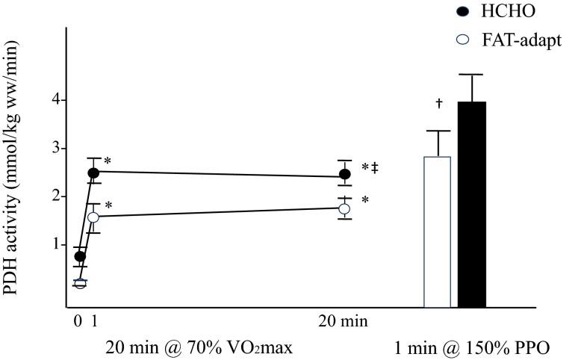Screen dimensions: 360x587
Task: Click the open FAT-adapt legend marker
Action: click(x=462, y=40)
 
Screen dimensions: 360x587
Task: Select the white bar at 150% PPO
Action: click(x=437, y=232)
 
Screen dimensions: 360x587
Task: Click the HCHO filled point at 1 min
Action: click(x=94, y=173)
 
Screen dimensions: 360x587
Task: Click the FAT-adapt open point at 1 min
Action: click(x=93, y=217)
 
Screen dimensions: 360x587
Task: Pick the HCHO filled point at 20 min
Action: click(x=345, y=174)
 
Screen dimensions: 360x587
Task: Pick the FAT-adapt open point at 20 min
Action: click(x=344, y=209)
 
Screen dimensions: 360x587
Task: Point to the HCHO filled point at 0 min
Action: click(x=80, y=256)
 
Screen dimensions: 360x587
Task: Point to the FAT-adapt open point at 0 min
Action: click(x=80, y=283)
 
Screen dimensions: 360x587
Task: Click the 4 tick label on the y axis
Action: click(x=55, y=100)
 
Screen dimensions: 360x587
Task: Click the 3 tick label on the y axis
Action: click(x=55, y=149)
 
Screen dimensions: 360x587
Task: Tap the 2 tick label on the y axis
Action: click(x=55, y=196)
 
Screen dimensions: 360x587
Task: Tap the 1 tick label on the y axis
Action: click(x=55, y=244)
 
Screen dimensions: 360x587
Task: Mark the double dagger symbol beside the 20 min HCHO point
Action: click(x=374, y=168)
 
